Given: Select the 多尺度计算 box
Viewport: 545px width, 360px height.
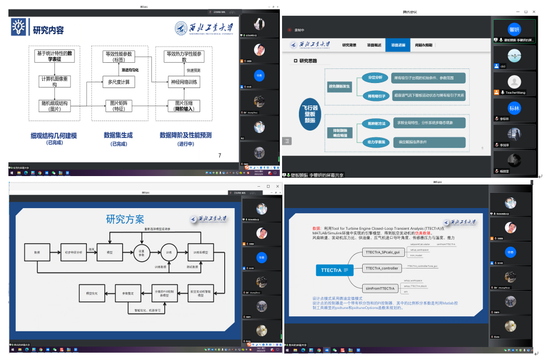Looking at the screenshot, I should click(x=119, y=82).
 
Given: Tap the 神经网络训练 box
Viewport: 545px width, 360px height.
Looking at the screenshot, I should click(x=184, y=82).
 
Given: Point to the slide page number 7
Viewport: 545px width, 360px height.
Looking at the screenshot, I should click(x=219, y=155).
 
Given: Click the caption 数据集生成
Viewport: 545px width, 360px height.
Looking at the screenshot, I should click(x=119, y=135).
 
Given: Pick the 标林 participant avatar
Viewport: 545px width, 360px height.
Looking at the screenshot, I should click(x=514, y=108).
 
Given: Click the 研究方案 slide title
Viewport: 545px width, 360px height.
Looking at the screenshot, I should click(x=124, y=219).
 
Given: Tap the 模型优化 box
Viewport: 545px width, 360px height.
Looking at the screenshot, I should click(x=91, y=293).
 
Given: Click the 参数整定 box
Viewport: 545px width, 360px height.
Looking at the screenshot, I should click(x=128, y=293).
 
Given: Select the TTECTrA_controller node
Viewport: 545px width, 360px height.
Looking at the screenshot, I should click(x=382, y=269).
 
